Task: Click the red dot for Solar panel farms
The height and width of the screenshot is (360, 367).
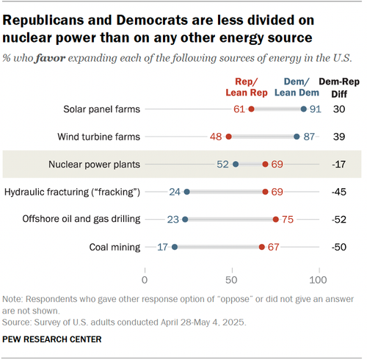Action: click(x=251, y=109)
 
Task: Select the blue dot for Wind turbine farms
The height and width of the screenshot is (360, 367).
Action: click(x=297, y=137)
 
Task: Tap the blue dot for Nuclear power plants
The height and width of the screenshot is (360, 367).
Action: click(x=236, y=165)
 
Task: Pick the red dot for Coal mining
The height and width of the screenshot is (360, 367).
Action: click(x=262, y=247)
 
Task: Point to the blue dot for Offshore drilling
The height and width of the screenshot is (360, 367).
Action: click(x=185, y=220)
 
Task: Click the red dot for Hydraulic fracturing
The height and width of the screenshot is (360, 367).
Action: click(x=265, y=192)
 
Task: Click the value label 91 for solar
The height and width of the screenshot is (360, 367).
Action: click(x=316, y=109)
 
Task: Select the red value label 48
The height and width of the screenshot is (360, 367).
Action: click(x=216, y=137)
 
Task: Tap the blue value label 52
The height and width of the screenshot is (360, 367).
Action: click(x=222, y=165)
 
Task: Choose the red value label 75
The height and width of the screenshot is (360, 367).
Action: click(x=288, y=220)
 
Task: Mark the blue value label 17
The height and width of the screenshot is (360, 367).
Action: click(x=162, y=247)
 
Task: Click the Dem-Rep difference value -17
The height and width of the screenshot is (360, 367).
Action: click(x=339, y=165)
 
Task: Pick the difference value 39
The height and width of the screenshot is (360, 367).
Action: click(x=339, y=137)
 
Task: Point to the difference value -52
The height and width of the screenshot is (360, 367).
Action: click(x=339, y=220)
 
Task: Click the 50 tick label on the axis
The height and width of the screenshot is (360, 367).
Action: click(x=231, y=280)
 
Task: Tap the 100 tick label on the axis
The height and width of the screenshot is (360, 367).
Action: click(x=318, y=280)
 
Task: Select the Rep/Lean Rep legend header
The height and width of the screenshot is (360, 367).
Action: click(x=247, y=87)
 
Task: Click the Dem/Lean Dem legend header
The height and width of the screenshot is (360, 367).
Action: click(x=297, y=87)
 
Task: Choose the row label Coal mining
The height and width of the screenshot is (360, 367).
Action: click(x=115, y=247)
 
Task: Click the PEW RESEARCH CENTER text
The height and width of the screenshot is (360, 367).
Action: click(x=52, y=339)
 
